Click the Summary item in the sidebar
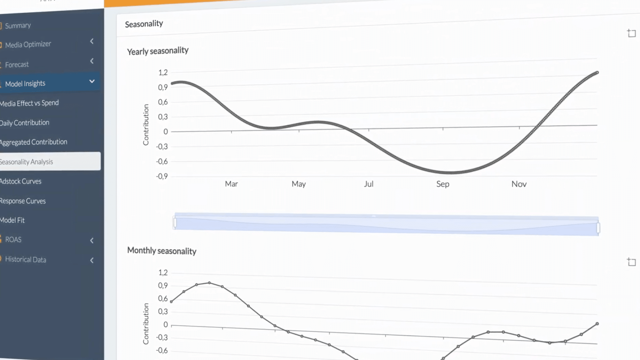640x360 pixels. point(18,26)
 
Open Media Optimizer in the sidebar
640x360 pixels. point(28,44)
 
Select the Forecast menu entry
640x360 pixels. point(17,65)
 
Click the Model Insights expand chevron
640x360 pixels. point(92,82)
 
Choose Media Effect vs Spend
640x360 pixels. point(29,103)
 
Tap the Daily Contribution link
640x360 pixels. point(25,123)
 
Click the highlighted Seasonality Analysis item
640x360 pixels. point(27,162)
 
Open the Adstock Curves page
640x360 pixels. point(21,181)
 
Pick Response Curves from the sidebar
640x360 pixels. point(23,201)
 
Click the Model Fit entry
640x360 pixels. point(12,220)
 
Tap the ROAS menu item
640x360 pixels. point(13,240)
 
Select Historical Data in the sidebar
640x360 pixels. point(26,260)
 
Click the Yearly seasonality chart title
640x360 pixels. point(158,51)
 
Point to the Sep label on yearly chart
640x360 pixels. point(443,184)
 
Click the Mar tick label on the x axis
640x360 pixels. point(231,184)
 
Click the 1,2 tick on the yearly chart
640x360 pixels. point(163,73)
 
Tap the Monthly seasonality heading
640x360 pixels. point(162,251)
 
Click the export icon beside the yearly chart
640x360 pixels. point(631,33)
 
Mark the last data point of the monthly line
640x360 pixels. point(597,324)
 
